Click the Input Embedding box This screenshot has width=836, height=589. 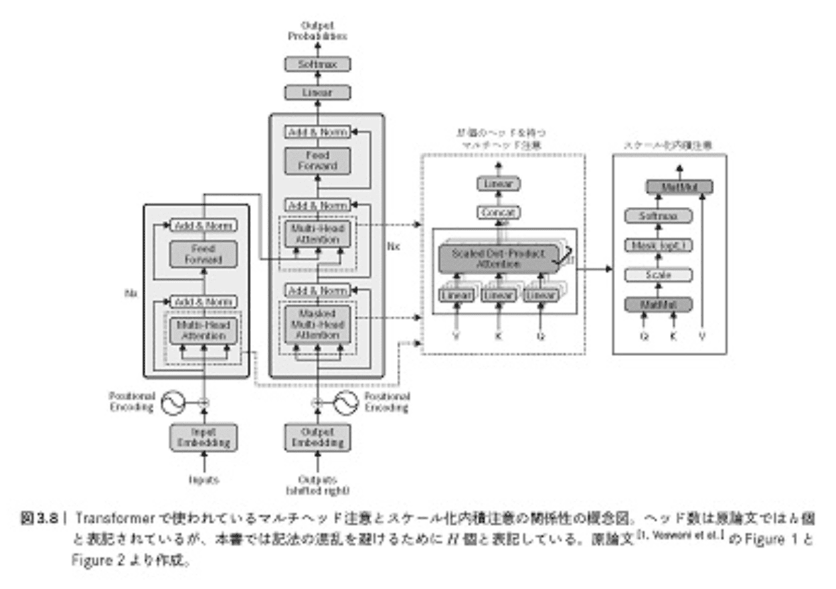click(x=203, y=437)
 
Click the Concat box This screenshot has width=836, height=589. click(x=498, y=212)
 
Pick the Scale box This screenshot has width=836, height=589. click(x=659, y=275)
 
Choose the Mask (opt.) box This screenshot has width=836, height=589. click(x=659, y=245)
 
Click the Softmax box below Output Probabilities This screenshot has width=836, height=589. click(x=317, y=64)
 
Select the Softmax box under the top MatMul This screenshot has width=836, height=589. click(x=659, y=215)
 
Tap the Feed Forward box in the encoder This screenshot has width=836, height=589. click(x=203, y=254)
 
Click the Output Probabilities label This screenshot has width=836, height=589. click(x=317, y=30)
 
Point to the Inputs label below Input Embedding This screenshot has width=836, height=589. click(x=203, y=480)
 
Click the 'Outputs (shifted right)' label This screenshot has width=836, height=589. click(x=317, y=485)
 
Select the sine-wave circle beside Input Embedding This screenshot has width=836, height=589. click(x=172, y=403)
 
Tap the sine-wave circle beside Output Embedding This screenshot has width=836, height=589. click(x=347, y=403)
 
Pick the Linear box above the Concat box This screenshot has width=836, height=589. click(x=498, y=184)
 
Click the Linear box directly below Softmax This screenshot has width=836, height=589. click(x=317, y=92)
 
